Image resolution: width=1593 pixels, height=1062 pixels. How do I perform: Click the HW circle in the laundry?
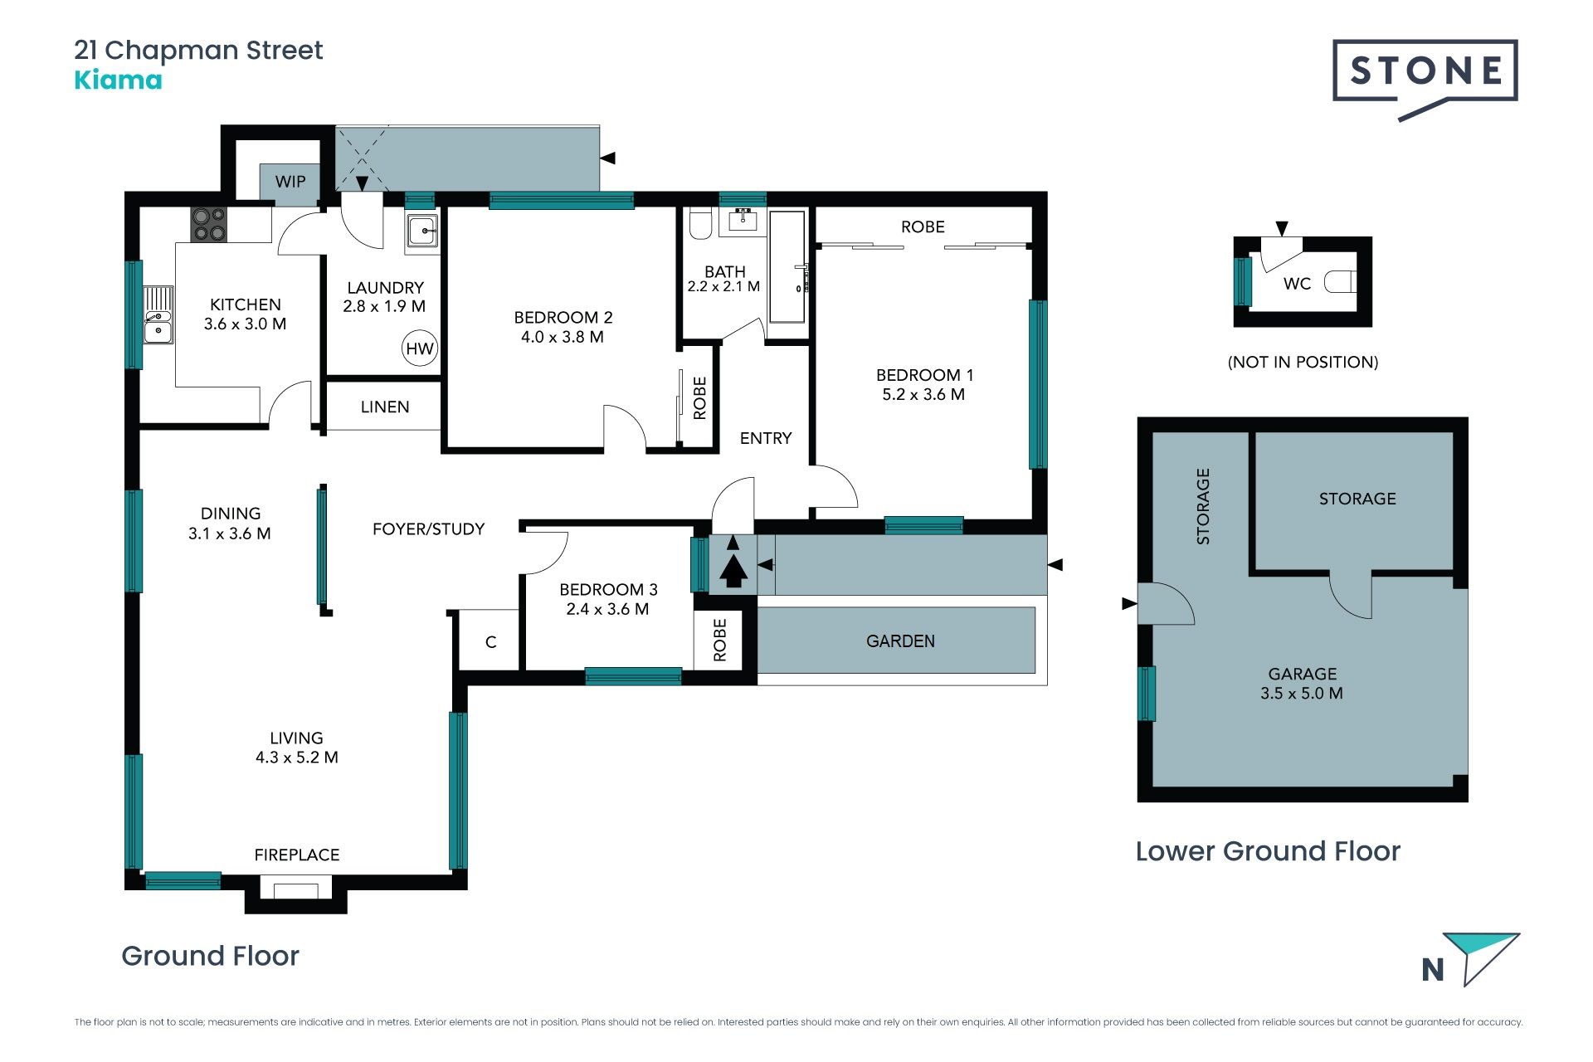[420, 348]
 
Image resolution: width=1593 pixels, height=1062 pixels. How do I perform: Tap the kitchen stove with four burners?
[209, 224]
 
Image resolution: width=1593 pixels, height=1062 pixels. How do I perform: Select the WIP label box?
[290, 182]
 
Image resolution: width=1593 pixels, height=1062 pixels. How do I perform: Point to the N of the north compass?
[1432, 970]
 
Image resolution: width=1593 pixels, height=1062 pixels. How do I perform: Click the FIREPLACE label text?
[297, 855]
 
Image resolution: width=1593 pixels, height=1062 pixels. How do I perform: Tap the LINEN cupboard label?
[385, 407]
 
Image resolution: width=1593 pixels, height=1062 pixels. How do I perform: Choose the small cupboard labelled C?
[490, 641]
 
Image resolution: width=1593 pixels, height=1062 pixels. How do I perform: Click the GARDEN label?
[900, 641]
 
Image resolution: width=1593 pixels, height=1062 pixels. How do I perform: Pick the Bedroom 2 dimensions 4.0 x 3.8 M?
[563, 337]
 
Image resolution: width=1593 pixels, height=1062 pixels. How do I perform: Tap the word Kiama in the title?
[118, 80]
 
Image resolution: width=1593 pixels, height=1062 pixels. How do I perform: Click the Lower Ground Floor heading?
[1268, 851]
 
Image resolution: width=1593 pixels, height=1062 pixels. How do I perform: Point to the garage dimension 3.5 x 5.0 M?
[1302, 694]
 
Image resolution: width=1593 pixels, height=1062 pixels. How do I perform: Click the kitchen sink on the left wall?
[158, 315]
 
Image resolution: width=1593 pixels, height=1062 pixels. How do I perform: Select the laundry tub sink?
[423, 230]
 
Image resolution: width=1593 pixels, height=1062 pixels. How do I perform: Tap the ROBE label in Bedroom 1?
[923, 227]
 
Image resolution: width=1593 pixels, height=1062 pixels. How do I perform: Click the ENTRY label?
[766, 438]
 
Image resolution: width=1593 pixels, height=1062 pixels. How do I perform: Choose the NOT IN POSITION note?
[1303, 362]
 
